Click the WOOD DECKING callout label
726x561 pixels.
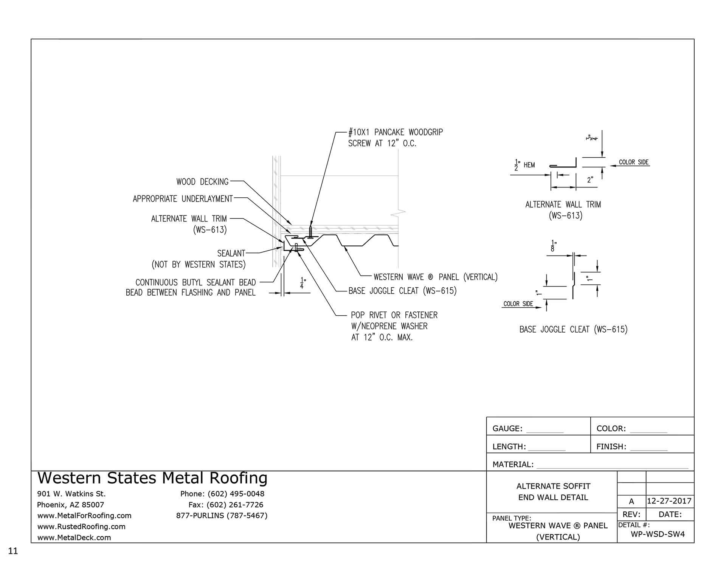pos(202,182)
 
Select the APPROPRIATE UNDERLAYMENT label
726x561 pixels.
pos(183,199)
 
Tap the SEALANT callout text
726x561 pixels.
pos(231,253)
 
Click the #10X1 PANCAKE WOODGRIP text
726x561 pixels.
pos(395,132)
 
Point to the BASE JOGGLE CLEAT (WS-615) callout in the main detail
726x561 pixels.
pos(402,291)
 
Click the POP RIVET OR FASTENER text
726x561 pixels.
pos(394,315)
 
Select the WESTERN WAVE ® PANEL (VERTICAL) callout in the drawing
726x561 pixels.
pos(435,277)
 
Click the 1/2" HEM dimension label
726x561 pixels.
pos(525,165)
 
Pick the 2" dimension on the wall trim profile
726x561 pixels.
pos(589,180)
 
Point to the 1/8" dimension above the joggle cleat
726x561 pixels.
pos(554,246)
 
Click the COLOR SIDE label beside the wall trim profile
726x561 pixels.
pos(633,163)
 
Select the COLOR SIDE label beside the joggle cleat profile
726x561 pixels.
pos(518,304)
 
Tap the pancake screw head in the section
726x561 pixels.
pos(311,237)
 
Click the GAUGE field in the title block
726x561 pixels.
pos(527,429)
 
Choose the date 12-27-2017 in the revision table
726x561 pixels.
pos(669,501)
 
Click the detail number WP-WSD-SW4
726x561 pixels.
pos(658,534)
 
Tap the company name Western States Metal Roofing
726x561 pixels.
pos(152,478)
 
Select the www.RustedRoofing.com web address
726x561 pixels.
pos(81,527)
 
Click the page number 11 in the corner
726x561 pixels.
pos(13,551)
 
